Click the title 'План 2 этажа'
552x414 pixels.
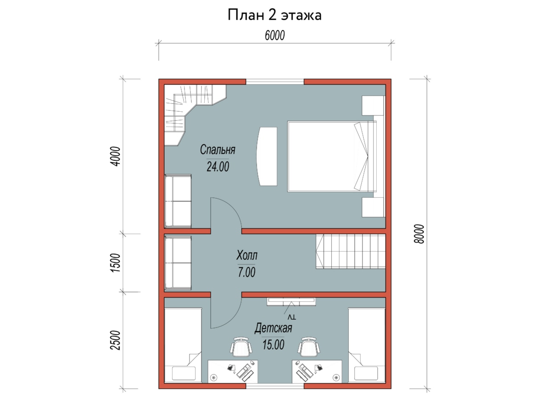(274, 15)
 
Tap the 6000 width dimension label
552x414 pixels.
(275, 35)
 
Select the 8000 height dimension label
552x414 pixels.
(419, 234)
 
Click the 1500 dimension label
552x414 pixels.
(115, 263)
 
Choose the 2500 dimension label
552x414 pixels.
(115, 340)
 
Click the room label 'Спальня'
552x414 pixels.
(218, 150)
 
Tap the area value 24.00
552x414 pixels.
(218, 167)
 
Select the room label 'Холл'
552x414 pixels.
(247, 255)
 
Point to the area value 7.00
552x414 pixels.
(247, 272)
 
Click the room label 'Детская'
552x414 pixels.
(273, 328)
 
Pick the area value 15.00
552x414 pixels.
(273, 345)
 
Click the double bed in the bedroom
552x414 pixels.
(332, 156)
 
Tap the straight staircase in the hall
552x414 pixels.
(351, 251)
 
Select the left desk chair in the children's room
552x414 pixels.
(241, 347)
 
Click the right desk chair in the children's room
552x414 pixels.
(309, 347)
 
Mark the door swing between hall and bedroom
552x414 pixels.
(236, 209)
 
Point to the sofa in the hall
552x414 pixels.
(178, 263)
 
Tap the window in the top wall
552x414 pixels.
(275, 82)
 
